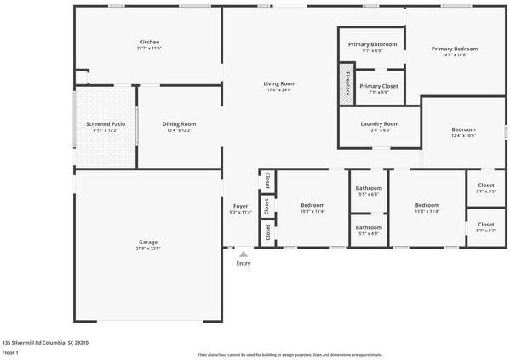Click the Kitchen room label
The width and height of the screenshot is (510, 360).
point(149,43)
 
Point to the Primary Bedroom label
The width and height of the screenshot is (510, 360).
point(455,49)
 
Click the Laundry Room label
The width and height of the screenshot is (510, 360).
point(379,124)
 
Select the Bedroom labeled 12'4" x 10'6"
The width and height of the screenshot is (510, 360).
point(463,130)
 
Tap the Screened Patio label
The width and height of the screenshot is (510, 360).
point(106,124)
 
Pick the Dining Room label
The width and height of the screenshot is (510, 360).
point(179,124)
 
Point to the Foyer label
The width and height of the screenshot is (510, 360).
point(241,207)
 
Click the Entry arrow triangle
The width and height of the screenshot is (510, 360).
point(244,253)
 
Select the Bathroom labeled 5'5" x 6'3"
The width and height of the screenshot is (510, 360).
point(369,189)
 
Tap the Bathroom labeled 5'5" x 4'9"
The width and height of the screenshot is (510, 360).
point(369,228)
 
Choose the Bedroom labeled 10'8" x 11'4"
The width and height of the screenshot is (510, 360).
point(312,206)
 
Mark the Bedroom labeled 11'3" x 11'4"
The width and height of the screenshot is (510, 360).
point(427,206)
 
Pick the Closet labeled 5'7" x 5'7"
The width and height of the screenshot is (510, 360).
point(485,226)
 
